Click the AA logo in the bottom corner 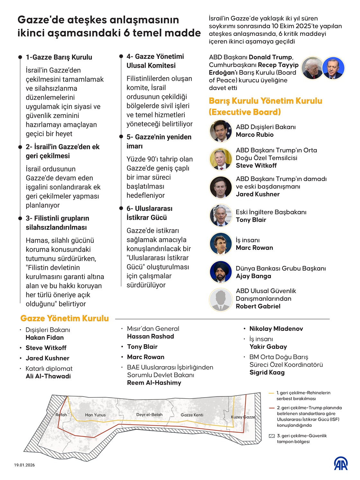[x=340, y=463]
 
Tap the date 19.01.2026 [x=24, y=465]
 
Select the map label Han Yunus [x=95, y=415]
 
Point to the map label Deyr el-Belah [x=149, y=414]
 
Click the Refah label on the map [x=61, y=415]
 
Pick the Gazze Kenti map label [x=192, y=415]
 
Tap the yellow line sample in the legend [x=271, y=393]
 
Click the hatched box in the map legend [x=272, y=436]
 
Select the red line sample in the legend [x=272, y=408]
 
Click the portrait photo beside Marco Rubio [x=221, y=131]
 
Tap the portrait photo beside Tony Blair [x=221, y=216]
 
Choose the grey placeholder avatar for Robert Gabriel [x=221, y=299]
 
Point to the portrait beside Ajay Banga [x=221, y=272]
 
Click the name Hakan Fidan [x=45, y=338]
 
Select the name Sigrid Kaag [x=267, y=372]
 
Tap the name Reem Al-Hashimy [x=154, y=383]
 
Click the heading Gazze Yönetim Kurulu [x=65, y=318]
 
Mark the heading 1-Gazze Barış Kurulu [x=59, y=57]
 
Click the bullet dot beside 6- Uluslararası [x=121, y=208]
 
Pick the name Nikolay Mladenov [x=276, y=329]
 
